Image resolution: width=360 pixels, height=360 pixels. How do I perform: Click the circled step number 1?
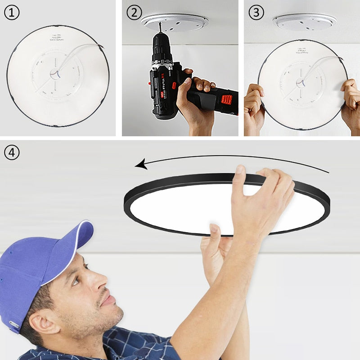(x=12, y=13)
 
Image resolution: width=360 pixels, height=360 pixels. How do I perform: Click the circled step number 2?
(x=134, y=13)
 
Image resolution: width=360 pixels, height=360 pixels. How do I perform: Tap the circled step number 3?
(x=256, y=13)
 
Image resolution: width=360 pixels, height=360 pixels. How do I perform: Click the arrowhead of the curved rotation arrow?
(x=141, y=165)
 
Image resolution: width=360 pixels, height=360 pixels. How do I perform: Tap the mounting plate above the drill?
(x=175, y=22)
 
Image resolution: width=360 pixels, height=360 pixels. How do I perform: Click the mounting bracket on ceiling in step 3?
(x=305, y=21)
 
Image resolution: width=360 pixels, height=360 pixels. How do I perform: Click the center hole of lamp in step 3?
(x=298, y=81)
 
